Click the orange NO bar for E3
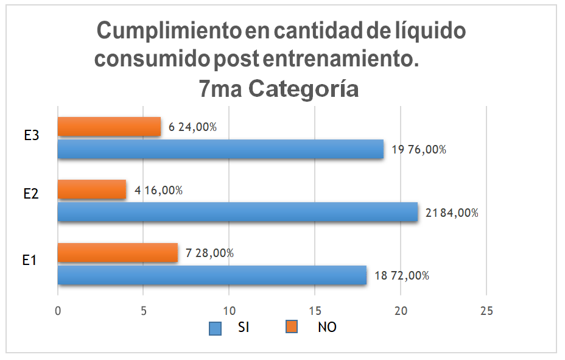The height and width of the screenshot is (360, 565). coord(109,127)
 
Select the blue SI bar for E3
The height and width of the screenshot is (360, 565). coord(220,149)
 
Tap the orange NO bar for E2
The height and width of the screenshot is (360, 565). coord(92,189)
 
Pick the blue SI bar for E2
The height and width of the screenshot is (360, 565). coord(237,212)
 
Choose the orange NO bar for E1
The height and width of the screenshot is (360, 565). coord(118,252)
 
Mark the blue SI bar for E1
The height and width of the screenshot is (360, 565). coord(212,275)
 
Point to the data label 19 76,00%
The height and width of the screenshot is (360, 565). coord(419,150)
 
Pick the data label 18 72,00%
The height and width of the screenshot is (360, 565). coord(402,275)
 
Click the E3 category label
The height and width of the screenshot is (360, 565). coord(32,136)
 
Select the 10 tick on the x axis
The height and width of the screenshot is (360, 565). coord(229,310)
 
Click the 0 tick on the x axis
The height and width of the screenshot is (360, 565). coord(58,310)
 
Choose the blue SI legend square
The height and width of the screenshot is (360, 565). coord(215,328)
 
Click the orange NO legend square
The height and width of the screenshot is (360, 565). coord(292,328)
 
